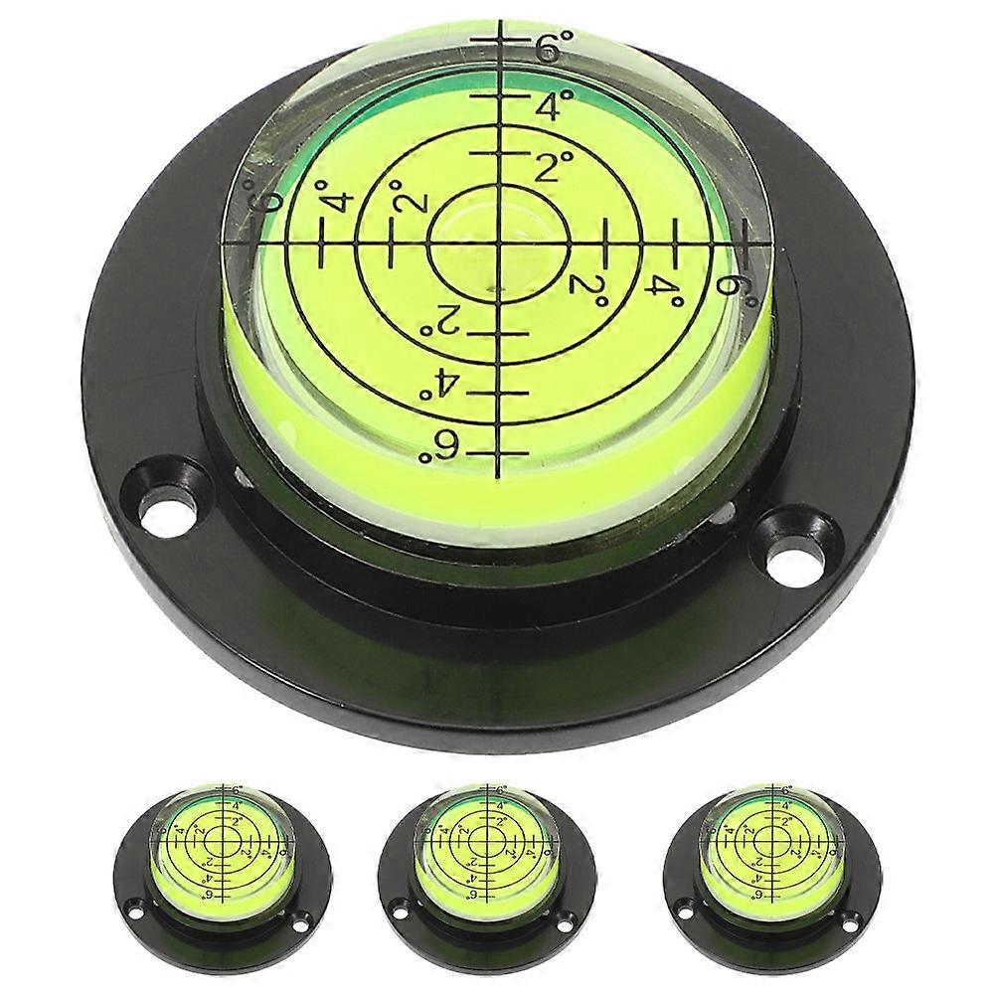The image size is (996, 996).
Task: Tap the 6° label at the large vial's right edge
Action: pyautogui.click(x=732, y=283)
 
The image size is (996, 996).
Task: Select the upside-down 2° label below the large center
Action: pyautogui.click(x=441, y=321)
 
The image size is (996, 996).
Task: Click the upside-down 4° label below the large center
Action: pyautogui.click(x=437, y=383)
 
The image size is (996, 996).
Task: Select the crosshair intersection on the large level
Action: pyautogui.click(x=497, y=242)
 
